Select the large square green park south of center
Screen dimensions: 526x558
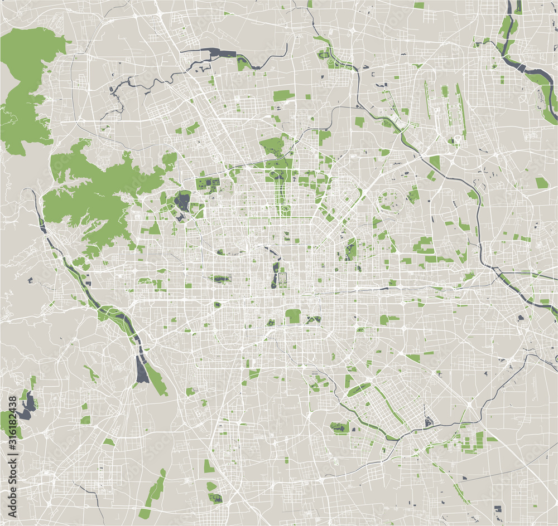293,316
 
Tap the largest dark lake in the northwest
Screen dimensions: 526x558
182,201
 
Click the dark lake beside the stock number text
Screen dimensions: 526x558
27,406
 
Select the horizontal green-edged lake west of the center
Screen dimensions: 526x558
220,279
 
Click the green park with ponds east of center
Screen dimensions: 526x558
350,250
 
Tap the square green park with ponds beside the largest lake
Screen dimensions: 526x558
207,184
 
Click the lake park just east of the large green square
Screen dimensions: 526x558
314,320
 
